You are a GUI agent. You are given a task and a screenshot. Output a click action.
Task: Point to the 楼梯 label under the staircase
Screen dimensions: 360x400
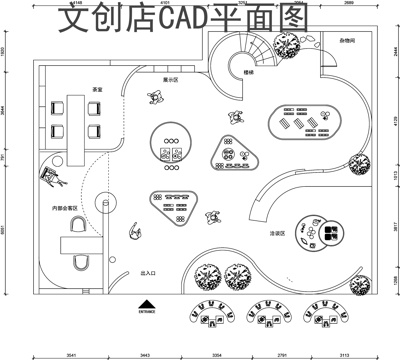[247, 73]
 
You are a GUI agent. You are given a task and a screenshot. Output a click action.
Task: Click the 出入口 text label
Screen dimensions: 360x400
[149, 272]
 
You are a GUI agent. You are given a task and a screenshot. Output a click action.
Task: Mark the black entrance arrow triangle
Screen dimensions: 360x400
[148, 303]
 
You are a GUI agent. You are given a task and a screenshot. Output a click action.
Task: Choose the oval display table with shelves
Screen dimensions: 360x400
[304, 123]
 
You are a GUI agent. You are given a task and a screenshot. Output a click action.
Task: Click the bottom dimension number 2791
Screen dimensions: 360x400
[281, 354]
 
